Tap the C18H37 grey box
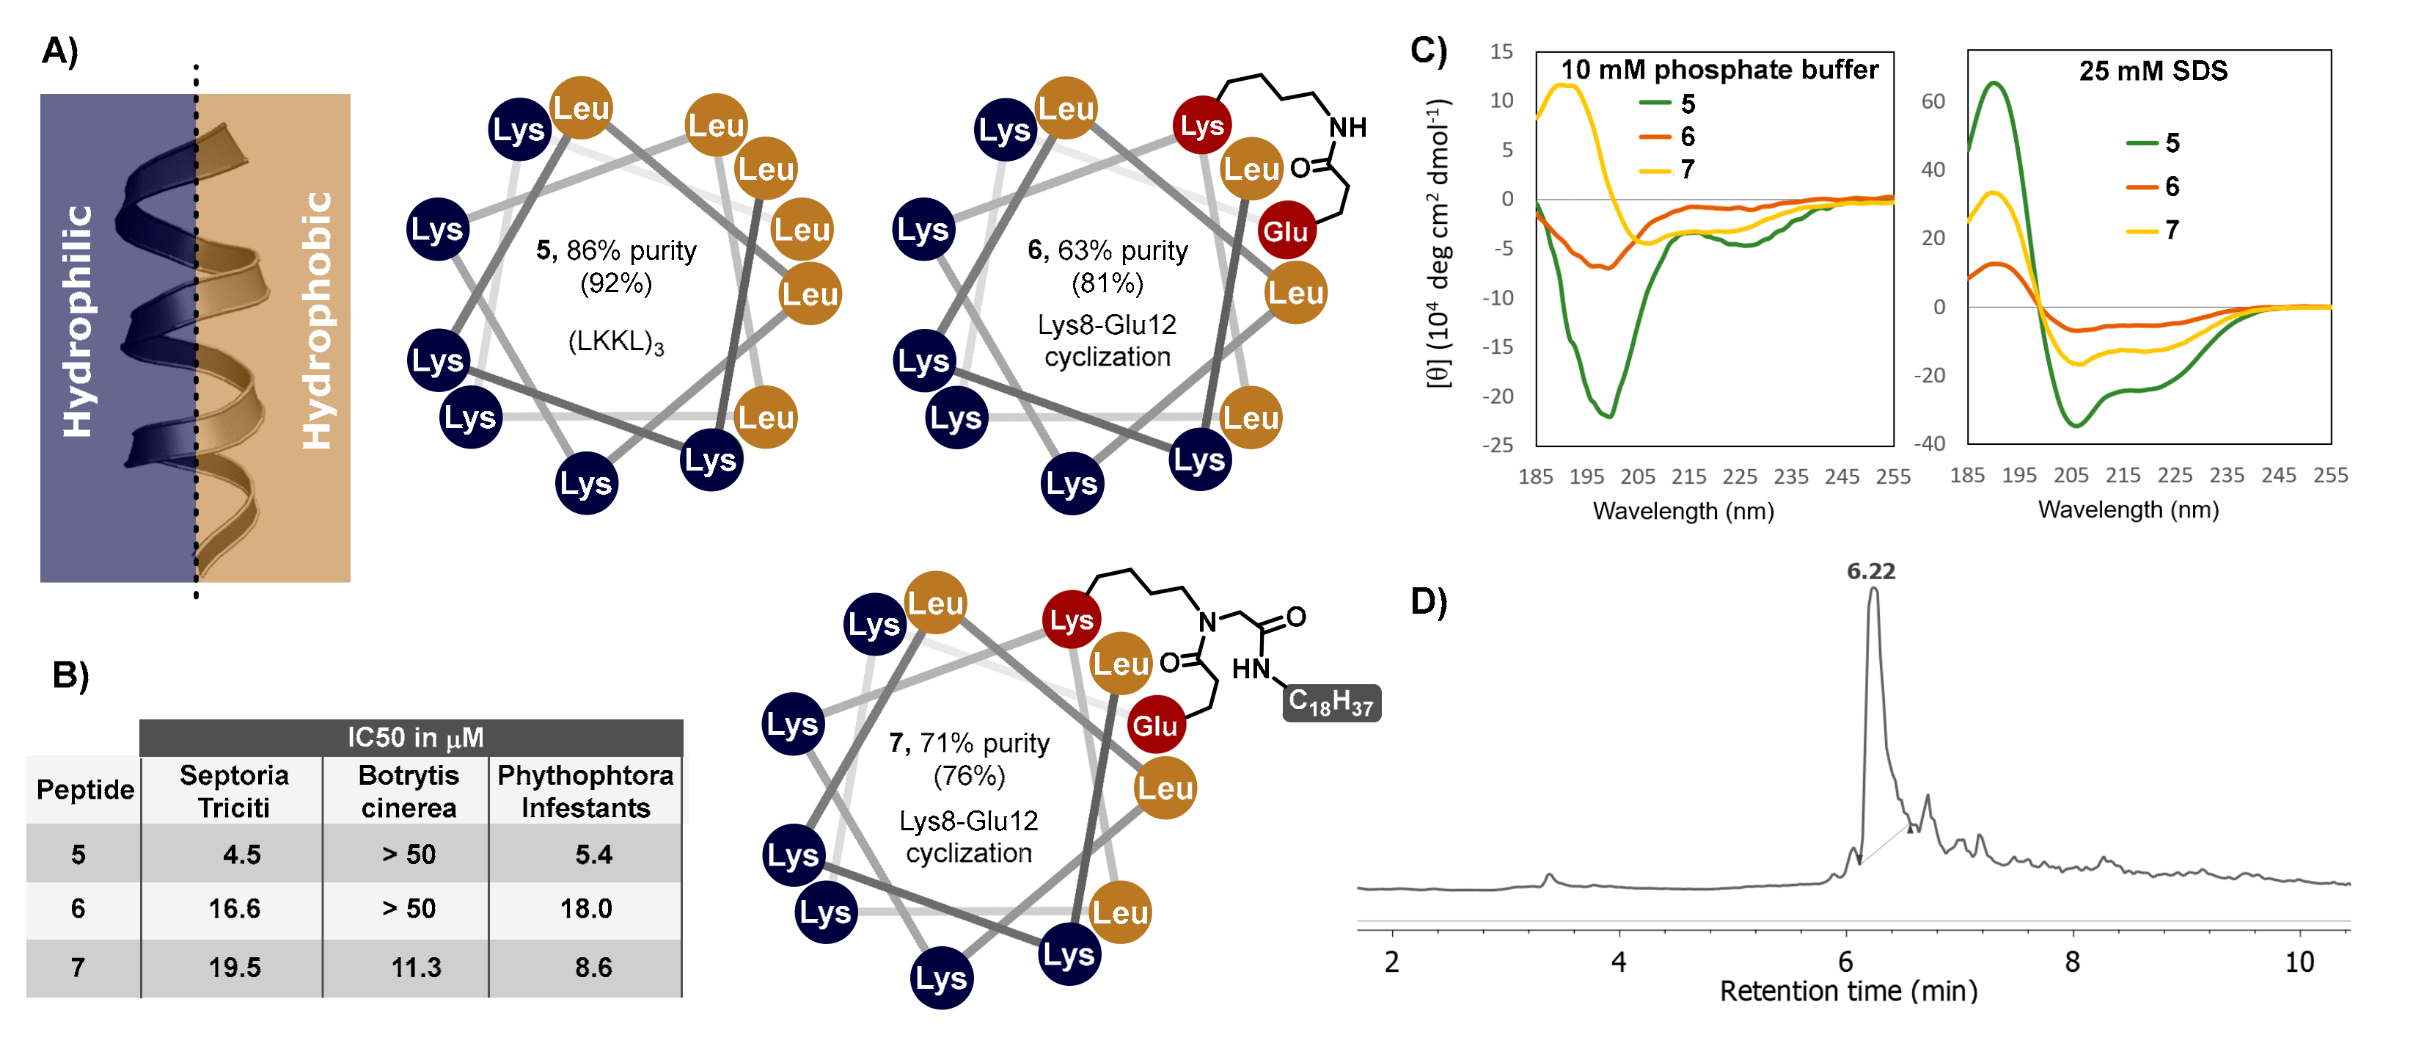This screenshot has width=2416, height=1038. point(1331,702)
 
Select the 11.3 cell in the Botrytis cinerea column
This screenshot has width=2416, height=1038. point(415,967)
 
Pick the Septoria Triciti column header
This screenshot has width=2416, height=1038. point(233,791)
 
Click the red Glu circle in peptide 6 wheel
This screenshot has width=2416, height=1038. point(1285,231)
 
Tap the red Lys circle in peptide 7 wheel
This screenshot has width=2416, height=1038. point(1070,620)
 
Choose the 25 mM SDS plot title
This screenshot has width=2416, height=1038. point(2153,71)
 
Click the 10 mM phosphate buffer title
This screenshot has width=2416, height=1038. point(1718,70)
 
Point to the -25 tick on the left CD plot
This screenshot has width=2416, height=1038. point(1498,445)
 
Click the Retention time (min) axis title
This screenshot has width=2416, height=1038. point(1848,991)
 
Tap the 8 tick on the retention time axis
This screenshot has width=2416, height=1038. point(2072,962)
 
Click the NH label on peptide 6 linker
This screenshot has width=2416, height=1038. point(1347,128)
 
